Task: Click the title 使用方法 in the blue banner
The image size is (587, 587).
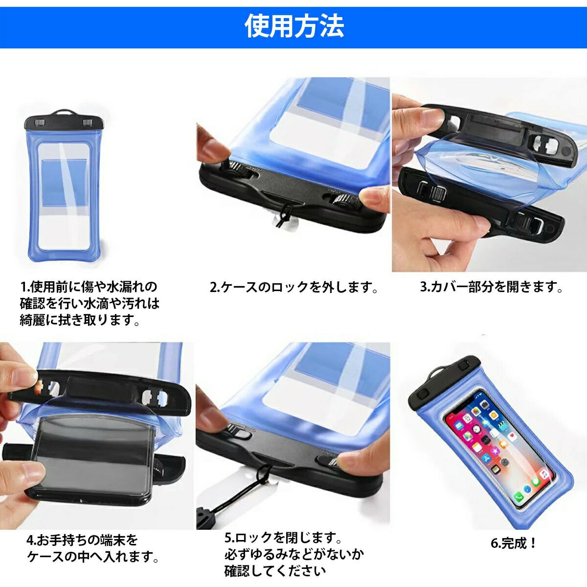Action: click(294, 26)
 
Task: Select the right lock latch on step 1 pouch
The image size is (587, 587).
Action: click(87, 122)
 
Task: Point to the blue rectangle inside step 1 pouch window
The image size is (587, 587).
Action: click(64, 183)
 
